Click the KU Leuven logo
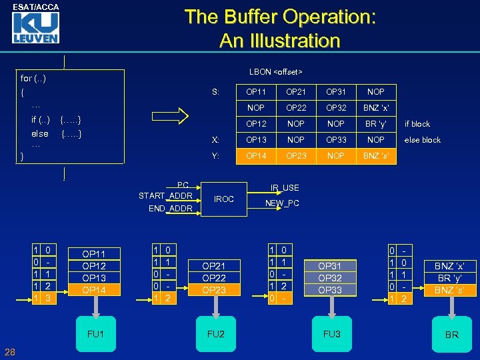[x=35, y=27]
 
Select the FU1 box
[x=95, y=333]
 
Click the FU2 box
[x=216, y=333]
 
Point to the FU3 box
[x=331, y=333]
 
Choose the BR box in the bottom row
[x=451, y=334]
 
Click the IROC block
[x=223, y=199]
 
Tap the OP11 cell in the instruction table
[x=256, y=91]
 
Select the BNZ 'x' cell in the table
[x=376, y=107]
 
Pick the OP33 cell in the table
[x=336, y=140]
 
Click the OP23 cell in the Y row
[x=296, y=156]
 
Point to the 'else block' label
[x=423, y=140]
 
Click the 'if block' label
[x=417, y=124]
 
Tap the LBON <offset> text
[x=275, y=71]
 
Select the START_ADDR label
[x=165, y=195]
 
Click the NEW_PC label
[x=282, y=203]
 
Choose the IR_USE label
[x=285, y=188]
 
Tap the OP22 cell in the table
[x=296, y=107]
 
